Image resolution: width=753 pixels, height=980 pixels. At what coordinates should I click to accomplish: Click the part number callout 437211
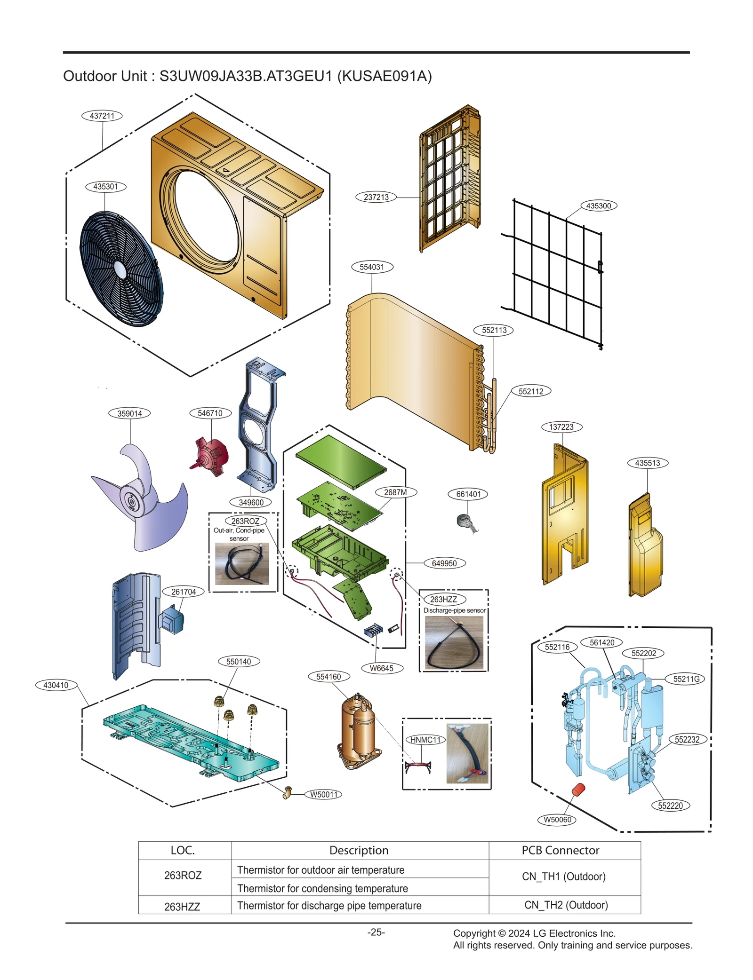click(102, 116)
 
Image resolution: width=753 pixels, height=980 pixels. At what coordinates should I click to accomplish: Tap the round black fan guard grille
click(121, 269)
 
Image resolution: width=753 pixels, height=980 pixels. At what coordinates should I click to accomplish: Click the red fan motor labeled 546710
click(212, 455)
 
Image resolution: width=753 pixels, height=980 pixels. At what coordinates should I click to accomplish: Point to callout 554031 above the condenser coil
click(372, 267)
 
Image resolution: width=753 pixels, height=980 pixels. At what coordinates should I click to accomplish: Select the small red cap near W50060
click(578, 790)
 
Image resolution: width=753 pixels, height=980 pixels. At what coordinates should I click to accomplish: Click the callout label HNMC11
click(425, 740)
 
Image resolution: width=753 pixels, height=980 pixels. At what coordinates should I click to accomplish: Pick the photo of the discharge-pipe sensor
click(454, 642)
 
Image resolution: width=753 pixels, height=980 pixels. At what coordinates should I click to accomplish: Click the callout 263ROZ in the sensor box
click(245, 521)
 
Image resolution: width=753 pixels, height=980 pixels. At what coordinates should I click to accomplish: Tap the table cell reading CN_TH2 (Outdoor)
click(566, 905)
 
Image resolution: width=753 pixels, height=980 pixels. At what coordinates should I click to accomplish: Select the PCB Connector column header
click(560, 850)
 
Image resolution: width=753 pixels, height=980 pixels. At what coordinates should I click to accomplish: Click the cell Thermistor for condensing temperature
click(322, 888)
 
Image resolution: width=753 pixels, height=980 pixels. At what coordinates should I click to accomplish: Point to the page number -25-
click(376, 932)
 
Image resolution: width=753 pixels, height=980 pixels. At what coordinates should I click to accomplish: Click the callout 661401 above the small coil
click(468, 494)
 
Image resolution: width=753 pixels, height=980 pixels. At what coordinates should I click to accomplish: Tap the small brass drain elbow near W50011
click(288, 792)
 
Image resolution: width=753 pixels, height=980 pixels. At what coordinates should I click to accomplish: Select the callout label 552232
click(687, 740)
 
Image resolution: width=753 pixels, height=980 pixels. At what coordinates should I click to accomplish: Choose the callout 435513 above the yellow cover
click(647, 463)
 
